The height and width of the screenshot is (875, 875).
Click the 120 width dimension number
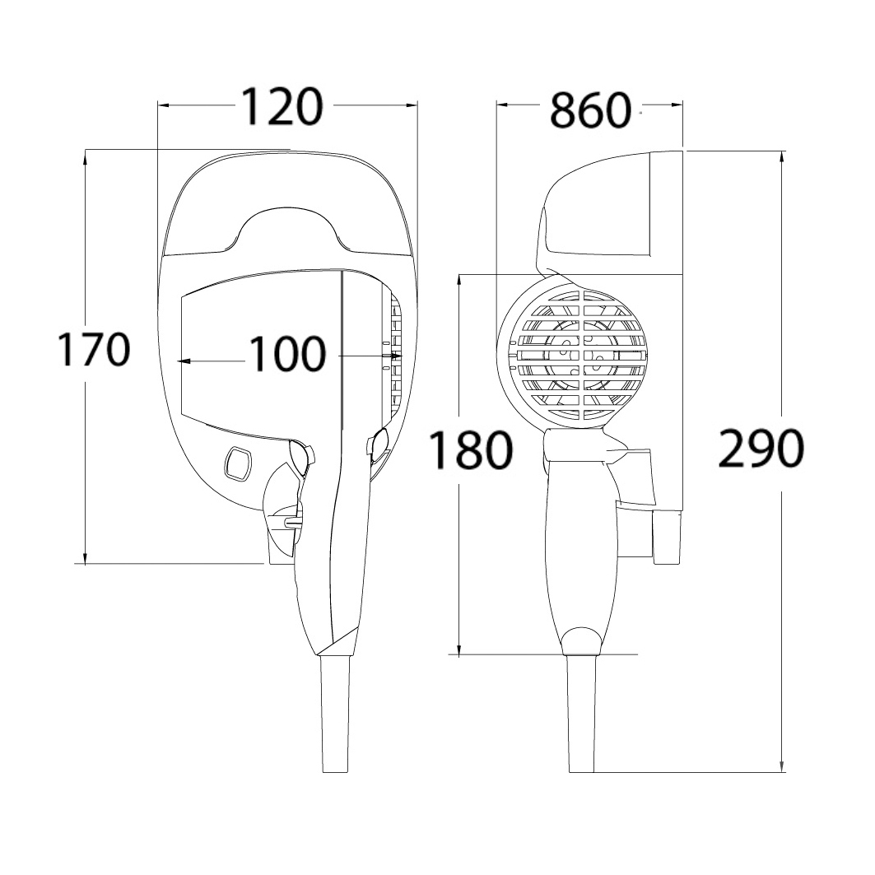tap(282, 106)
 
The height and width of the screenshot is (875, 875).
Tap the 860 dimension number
tap(590, 110)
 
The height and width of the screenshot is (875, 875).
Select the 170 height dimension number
tap(95, 349)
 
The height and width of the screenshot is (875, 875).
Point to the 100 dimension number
tap(286, 354)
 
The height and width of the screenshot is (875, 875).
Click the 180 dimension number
tap(470, 449)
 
